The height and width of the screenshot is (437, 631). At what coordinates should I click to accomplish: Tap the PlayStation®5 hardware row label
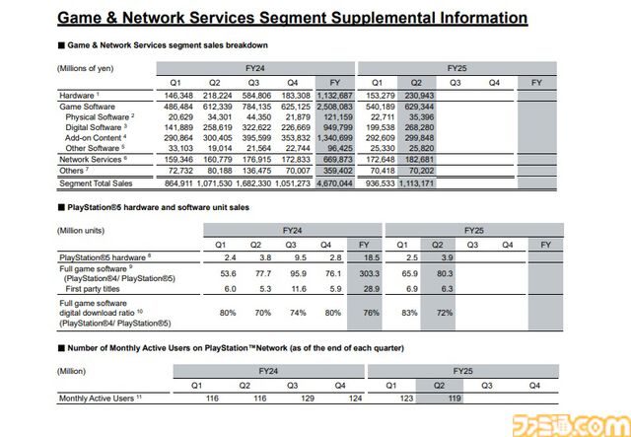click(105, 257)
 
